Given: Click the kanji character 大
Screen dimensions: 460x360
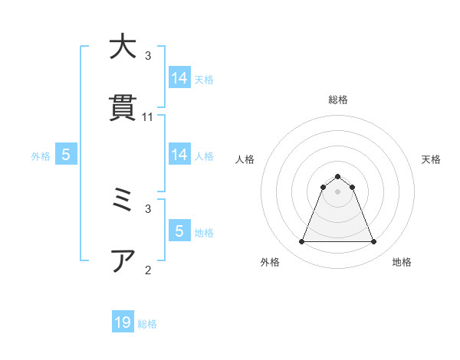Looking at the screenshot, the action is [123, 47].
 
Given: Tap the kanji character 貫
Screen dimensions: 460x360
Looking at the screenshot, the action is [123, 107].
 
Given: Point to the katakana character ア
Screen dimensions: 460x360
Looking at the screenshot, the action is [123, 260].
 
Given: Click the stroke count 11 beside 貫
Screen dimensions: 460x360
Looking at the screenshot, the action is [148, 117].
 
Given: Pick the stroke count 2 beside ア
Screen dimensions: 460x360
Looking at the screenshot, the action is [148, 270].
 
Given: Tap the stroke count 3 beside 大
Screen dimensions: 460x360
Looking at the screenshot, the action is [148, 56].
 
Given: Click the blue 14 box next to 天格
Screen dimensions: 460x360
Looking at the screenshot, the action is [179, 78].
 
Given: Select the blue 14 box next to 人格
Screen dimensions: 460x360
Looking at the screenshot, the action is [179, 155].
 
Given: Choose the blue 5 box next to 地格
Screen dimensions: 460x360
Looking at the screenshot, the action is [179, 231].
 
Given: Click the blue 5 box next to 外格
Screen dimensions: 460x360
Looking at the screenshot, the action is [66, 155].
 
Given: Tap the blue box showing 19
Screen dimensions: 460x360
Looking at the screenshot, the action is [123, 322].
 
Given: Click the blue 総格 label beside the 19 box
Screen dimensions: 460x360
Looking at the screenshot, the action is [147, 324].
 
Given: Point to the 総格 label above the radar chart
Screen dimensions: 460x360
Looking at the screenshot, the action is [337, 100].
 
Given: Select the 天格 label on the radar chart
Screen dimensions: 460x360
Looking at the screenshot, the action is [431, 159].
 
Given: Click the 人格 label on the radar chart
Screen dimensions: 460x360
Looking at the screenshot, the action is [245, 159].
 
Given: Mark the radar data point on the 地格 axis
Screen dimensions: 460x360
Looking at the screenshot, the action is [373, 242].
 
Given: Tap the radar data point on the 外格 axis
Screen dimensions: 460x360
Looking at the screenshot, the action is [301, 242].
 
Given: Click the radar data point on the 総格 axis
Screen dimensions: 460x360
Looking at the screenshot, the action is [337, 176].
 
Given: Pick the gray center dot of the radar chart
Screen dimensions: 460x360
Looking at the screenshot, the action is [337, 191].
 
